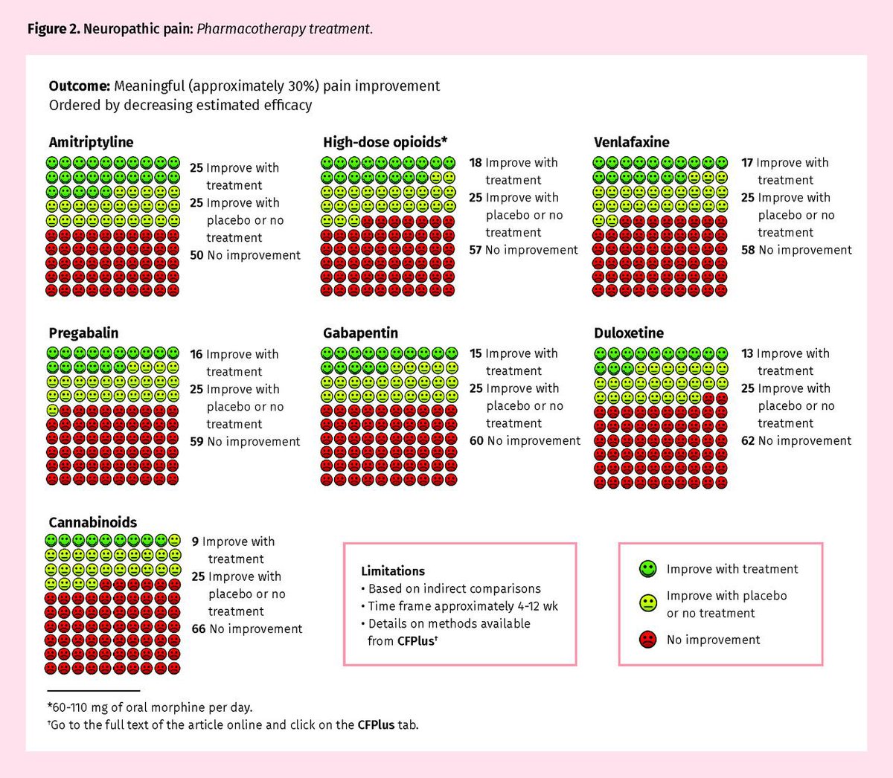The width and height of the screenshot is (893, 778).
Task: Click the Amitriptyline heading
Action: click(x=91, y=142)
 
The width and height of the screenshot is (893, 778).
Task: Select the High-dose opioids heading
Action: click(x=385, y=142)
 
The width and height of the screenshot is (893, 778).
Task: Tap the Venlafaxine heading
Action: click(x=631, y=142)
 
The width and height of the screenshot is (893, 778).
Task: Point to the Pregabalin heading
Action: click(x=83, y=332)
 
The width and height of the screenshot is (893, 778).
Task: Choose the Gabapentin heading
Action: click(x=360, y=332)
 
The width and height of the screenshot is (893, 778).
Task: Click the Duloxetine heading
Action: click(x=628, y=332)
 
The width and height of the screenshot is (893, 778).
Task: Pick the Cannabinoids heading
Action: click(x=92, y=522)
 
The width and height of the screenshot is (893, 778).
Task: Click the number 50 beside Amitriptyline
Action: click(x=196, y=255)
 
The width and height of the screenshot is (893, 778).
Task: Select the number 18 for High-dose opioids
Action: click(x=476, y=163)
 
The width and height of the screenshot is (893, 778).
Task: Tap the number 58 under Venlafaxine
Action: click(x=748, y=250)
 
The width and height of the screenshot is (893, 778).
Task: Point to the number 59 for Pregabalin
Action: click(x=196, y=442)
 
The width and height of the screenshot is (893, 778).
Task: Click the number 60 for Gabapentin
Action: click(x=476, y=441)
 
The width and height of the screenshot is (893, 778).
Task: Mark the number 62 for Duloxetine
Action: click(x=748, y=441)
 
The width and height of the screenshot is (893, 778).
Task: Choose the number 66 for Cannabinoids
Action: click(x=198, y=629)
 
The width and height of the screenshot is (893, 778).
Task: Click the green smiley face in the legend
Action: click(x=647, y=569)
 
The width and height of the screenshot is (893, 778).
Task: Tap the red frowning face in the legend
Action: click(x=647, y=640)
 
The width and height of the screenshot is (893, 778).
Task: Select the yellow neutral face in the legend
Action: click(x=647, y=603)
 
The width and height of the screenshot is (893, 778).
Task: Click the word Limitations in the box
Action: click(x=393, y=571)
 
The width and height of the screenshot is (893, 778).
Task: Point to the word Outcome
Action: click(x=79, y=86)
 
